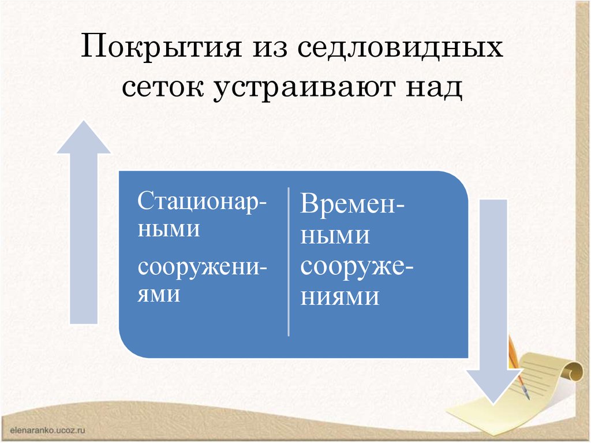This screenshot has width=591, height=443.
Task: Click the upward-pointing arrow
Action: [84, 231]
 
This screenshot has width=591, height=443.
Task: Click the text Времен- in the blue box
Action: [352, 205]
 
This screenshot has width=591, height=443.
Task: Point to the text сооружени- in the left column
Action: [202, 269]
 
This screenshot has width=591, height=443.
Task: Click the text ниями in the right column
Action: [339, 297]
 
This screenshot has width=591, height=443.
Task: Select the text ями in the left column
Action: [159, 295]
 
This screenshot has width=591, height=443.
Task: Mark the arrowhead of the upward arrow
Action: [84, 137]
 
